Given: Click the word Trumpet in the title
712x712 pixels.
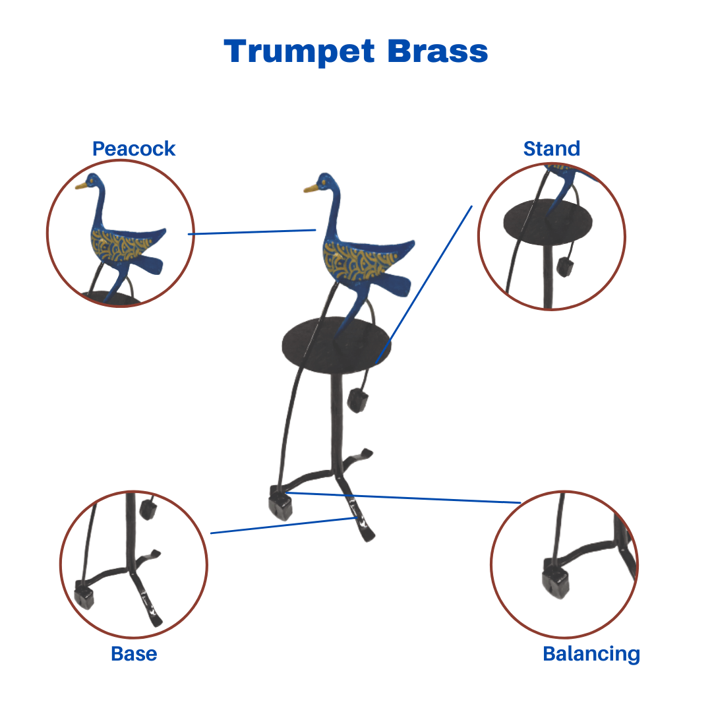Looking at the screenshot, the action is coord(299,52).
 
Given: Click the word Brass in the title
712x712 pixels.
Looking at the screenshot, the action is coord(438,51).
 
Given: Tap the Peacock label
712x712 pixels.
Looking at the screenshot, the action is coord(134,149).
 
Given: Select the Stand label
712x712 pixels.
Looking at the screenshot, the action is coord(552,148).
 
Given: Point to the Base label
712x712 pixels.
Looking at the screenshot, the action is coord(134,654).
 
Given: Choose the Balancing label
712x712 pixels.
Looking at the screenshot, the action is coord(591,655).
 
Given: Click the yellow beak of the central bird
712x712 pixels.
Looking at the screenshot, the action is coord(311,188).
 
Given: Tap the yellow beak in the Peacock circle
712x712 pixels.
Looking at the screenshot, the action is coord(82,185).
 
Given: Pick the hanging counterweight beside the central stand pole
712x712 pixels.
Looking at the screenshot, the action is coord(357,401).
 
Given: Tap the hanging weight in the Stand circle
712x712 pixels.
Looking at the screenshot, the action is coord(564,267).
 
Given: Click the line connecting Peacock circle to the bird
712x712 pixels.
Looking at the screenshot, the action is coord(252,232).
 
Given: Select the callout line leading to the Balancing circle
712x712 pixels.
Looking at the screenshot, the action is coord(403,498).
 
